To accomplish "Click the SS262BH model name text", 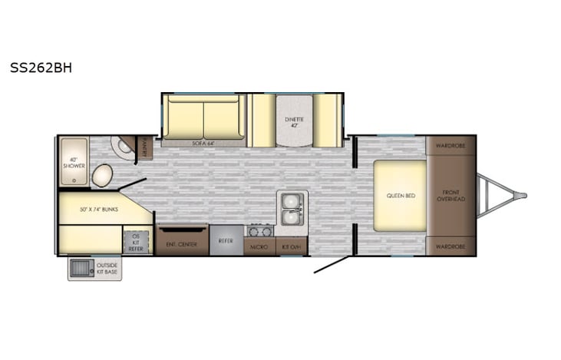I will (41, 67).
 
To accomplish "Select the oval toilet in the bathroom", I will (102, 176).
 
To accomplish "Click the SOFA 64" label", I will (203, 143).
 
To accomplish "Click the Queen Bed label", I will (400, 196).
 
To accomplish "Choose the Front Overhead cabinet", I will (451, 195).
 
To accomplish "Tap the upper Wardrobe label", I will (450, 144).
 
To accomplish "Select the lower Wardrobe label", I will (450, 246).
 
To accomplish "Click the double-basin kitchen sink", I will (291, 208).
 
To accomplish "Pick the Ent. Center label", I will (182, 245).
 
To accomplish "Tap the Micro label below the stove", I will (259, 246).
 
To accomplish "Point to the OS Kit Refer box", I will (136, 241).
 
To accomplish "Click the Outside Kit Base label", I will (107, 269).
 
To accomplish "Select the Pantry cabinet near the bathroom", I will (144, 147).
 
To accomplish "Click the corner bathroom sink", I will (120, 147).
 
